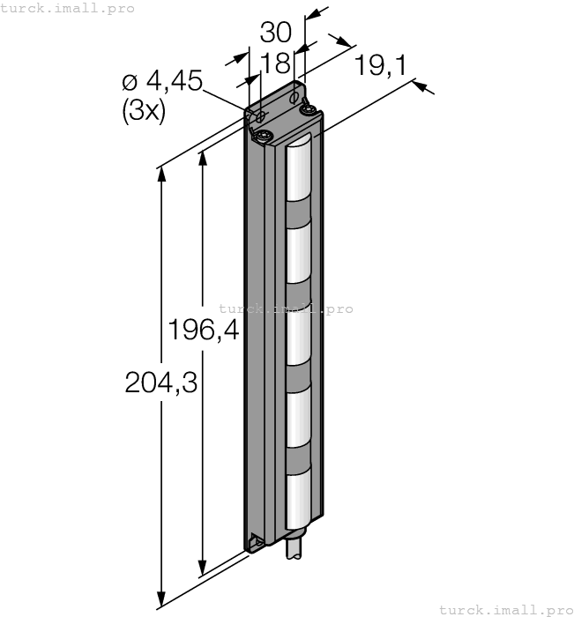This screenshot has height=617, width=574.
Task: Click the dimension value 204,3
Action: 161,383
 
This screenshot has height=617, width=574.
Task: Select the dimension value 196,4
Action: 204,329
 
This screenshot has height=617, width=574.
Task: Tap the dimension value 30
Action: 276,33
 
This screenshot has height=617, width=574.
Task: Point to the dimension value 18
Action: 276,63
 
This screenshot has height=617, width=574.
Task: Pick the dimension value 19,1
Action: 381,65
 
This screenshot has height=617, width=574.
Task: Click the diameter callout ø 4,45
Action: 162,81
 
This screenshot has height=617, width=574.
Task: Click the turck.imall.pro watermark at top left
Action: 67,8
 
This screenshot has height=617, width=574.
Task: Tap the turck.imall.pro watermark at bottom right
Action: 506,610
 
